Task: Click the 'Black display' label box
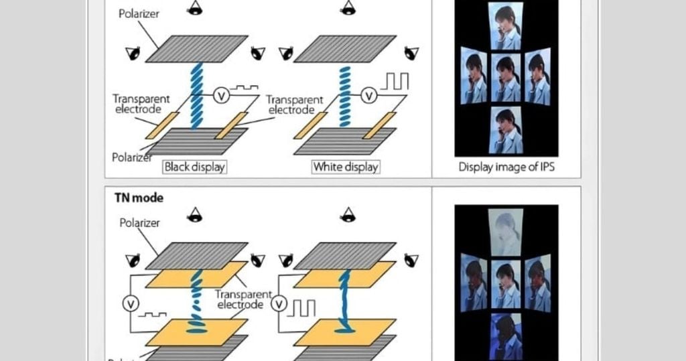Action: pyautogui.click(x=194, y=167)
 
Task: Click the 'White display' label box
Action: pyautogui.click(x=346, y=167)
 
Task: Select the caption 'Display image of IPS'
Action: pyautogui.click(x=506, y=167)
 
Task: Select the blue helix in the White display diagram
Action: pyautogui.click(x=344, y=94)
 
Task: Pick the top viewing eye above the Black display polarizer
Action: pyautogui.click(x=196, y=8)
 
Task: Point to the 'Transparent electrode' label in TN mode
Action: pyautogui.click(x=242, y=299)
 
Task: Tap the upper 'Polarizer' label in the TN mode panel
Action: pyautogui.click(x=139, y=223)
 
